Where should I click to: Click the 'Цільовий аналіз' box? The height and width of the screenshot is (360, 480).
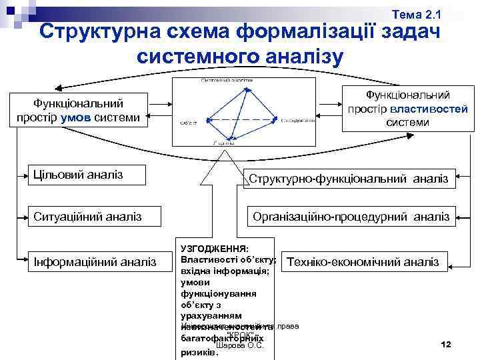coord(87,175)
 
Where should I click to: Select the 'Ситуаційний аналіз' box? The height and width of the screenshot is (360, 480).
coord(87,216)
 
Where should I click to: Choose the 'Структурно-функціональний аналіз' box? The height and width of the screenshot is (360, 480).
coord(349,178)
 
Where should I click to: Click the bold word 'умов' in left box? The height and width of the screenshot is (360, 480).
coord(73,118)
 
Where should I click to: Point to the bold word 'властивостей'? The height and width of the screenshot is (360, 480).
coord(429,109)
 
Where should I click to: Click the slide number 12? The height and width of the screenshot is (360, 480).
coord(446,344)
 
